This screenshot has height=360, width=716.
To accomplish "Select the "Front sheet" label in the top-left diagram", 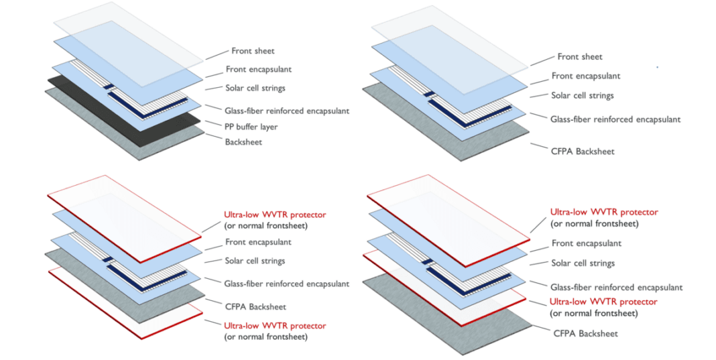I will pos(253,50).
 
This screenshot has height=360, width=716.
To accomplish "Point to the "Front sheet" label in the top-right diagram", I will pos(580,57).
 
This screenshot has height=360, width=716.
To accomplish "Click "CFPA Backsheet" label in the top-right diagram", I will pos(582,151).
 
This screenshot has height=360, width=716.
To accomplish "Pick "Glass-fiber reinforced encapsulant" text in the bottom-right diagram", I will pos(616,287).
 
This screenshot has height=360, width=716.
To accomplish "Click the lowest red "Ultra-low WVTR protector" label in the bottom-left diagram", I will pos(275,326).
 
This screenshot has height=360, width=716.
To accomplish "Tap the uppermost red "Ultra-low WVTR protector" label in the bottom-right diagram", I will pos(604,212).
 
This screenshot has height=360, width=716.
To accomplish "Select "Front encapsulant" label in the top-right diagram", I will pos(585,76).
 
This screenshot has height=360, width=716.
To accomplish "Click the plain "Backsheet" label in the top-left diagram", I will pos(244,141).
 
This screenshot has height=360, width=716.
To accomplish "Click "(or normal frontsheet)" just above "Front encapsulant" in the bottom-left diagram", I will pos(265,226).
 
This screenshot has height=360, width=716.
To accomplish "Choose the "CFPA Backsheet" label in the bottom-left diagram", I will pos(254,306).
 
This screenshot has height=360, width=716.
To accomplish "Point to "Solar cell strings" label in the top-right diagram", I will pos(582,95).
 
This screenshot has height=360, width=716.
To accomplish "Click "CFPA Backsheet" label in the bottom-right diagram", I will pos(585,333).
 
